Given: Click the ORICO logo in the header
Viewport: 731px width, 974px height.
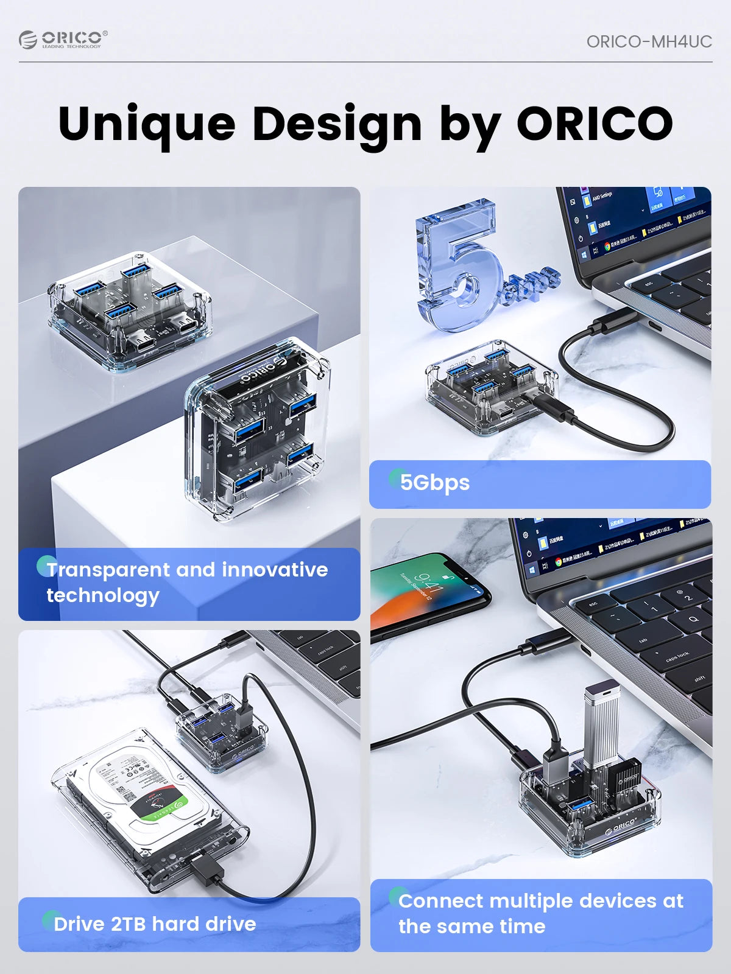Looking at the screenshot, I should (x=63, y=40).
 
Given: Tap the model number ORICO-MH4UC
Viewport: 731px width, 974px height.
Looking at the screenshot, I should (x=649, y=41).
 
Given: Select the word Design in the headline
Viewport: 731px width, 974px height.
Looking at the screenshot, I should (x=337, y=124).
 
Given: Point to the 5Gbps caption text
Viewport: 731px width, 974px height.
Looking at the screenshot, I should (x=435, y=483).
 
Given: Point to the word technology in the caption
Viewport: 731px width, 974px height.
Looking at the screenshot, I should (x=103, y=595).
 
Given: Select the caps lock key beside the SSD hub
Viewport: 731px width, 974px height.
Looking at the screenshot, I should (x=676, y=657).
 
